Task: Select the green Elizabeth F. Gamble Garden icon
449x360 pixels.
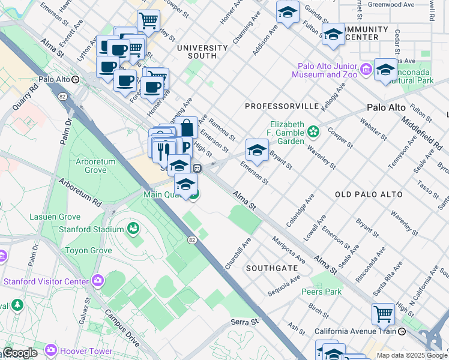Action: pyautogui.click(x=313, y=131)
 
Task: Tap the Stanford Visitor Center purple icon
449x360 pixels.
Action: pyautogui.click(x=97, y=281)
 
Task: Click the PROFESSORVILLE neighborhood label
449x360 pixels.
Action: pyautogui.click(x=282, y=106)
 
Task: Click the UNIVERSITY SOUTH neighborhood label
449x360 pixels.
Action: pyautogui.click(x=202, y=52)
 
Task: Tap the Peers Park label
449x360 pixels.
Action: pyautogui.click(x=321, y=292)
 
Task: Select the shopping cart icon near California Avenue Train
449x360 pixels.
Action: pyautogui.click(x=383, y=313)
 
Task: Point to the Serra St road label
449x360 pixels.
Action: pyautogui.click(x=244, y=322)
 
